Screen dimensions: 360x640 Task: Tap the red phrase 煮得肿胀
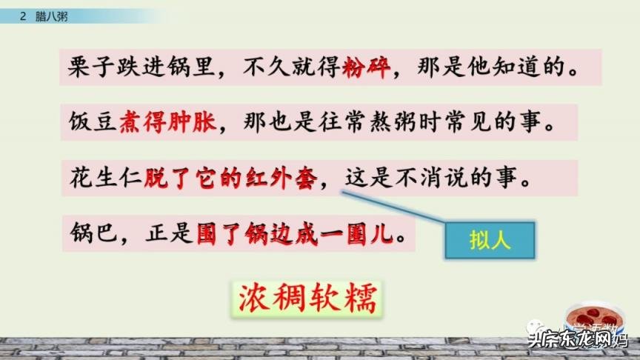pyautogui.click(x=169, y=123)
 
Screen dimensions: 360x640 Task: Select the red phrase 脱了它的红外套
pyautogui.click(x=232, y=179)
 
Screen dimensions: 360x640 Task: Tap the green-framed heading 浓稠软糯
pyautogui.click(x=307, y=300)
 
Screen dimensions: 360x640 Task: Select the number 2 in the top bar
pyautogui.click(x=24, y=16)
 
